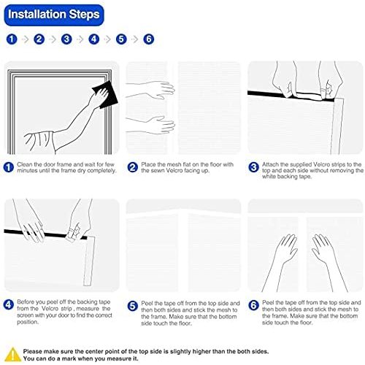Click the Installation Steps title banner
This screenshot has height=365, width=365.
54,15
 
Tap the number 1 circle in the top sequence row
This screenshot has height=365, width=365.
12,39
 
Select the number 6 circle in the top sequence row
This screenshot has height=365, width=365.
149,39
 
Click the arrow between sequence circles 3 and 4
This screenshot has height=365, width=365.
80,39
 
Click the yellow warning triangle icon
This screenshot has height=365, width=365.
12,354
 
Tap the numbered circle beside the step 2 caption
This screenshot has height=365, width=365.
133,167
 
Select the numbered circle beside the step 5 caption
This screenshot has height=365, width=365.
133,306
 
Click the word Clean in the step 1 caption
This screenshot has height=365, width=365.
24,164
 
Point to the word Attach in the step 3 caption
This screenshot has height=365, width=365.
270,164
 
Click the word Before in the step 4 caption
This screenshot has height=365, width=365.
25,302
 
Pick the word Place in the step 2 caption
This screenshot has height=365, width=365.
148,164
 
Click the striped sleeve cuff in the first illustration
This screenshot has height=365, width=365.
39,141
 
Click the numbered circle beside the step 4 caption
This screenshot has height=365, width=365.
9,304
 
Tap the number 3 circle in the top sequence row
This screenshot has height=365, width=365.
66,39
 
